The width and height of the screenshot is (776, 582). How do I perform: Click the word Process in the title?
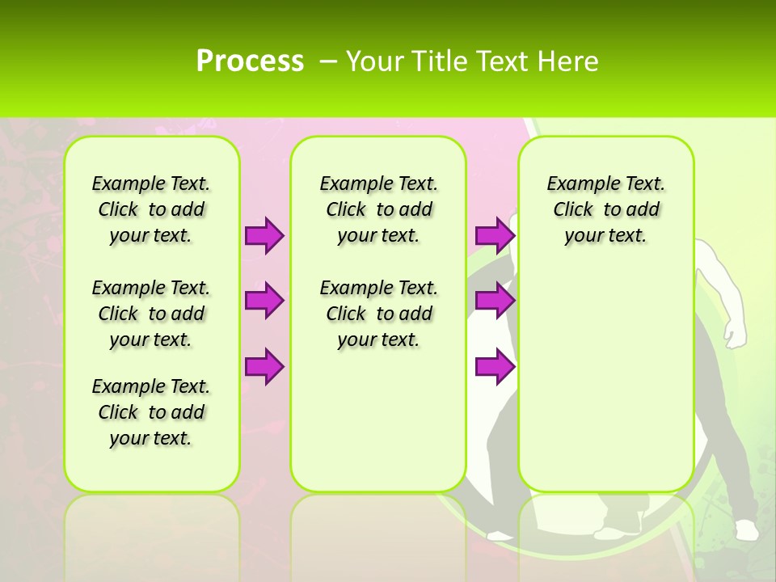(x=250, y=61)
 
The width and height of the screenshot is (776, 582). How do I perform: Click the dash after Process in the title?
(x=328, y=61)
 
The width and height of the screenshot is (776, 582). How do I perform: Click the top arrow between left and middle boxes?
(x=264, y=235)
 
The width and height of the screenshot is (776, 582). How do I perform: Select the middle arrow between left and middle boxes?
(x=264, y=301)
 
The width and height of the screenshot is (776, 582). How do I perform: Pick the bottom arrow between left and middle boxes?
(x=264, y=366)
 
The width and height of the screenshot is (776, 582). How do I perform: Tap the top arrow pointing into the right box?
(x=495, y=235)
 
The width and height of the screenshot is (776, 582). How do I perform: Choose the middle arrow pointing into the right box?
(x=495, y=301)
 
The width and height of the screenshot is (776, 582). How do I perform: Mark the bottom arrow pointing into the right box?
(x=495, y=366)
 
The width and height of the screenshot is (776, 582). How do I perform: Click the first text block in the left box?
(x=150, y=209)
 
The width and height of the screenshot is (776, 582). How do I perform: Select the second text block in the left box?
(x=150, y=314)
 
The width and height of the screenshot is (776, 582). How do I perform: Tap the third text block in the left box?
(x=150, y=412)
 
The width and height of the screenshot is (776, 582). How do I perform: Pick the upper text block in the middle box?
(x=378, y=209)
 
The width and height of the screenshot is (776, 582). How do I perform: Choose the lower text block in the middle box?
(x=378, y=314)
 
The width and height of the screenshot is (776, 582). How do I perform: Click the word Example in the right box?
(x=576, y=184)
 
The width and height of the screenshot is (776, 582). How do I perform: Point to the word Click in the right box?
(x=573, y=210)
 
